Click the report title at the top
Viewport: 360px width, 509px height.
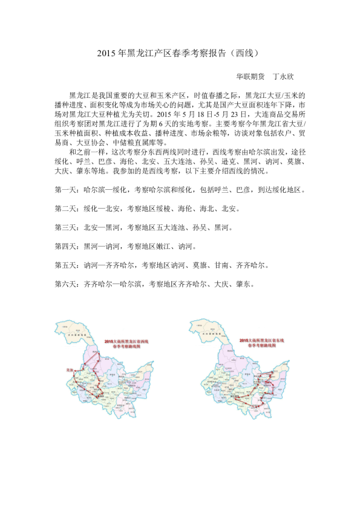tap(179, 53)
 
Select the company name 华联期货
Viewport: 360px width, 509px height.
tap(250, 77)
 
